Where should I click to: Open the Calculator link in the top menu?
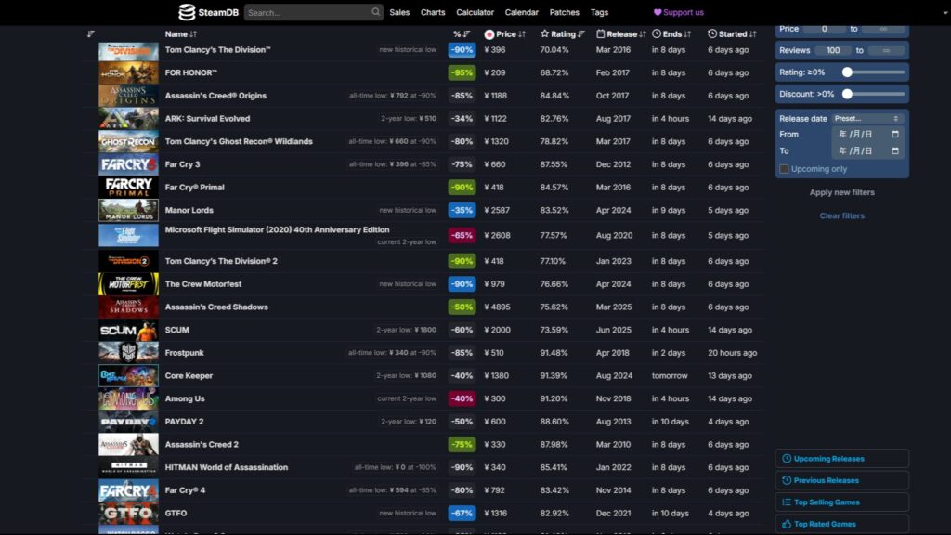tap(475, 13)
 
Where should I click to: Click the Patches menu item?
tap(565, 13)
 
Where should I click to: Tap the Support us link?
tap(679, 13)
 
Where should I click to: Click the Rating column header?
tap(563, 34)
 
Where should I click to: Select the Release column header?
tap(620, 34)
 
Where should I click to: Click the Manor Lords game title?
tap(189, 211)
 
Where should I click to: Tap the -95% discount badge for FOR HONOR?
tap(462, 72)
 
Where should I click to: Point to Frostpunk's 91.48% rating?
tap(554, 353)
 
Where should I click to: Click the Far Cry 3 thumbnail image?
tap(128, 164)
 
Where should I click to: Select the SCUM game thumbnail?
tap(128, 330)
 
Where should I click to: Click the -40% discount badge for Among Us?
tap(462, 399)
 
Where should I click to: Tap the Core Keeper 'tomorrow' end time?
tap(670, 376)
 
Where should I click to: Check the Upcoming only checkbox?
tap(785, 169)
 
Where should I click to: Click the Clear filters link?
tap(841, 216)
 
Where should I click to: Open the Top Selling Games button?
tap(841, 502)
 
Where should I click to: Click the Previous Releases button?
tap(841, 480)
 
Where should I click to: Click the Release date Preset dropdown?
tap(867, 119)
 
